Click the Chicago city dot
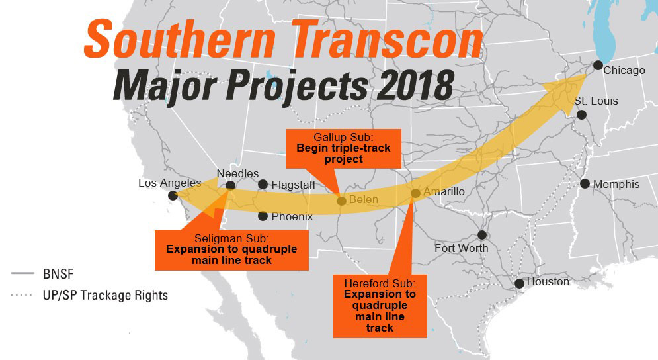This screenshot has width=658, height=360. point(598,65)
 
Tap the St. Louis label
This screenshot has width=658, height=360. point(596,101)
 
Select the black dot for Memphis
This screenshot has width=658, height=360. point(585,183)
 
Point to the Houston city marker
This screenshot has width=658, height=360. point(520,283)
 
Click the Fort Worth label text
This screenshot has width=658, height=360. point(461,248)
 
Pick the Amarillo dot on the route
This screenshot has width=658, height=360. point(415,193)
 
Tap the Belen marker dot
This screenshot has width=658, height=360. point(341,201)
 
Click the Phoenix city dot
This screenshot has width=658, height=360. point(263,216)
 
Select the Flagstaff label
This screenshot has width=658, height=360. point(293,185)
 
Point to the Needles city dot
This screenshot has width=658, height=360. point(230,186)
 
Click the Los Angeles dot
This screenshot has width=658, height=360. point(173,195)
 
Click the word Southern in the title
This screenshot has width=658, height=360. point(175,40)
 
